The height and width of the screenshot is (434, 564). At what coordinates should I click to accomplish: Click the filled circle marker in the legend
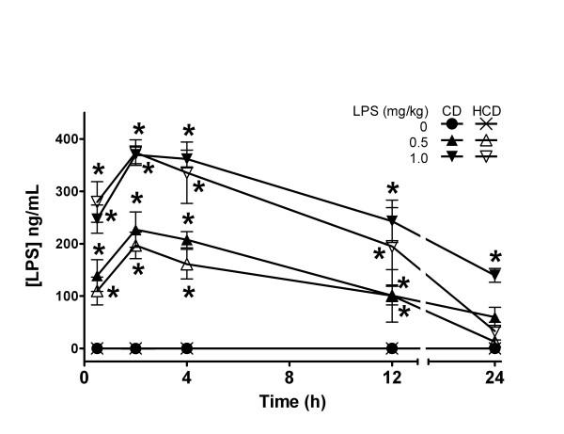click(x=452, y=124)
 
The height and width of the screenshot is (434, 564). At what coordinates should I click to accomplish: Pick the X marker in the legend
click(x=488, y=124)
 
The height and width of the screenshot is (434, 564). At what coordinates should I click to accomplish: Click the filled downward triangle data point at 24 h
click(x=493, y=275)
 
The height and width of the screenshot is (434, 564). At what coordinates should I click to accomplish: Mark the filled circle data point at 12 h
click(x=391, y=348)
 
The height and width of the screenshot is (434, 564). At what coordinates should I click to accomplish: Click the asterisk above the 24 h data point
click(x=494, y=258)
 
